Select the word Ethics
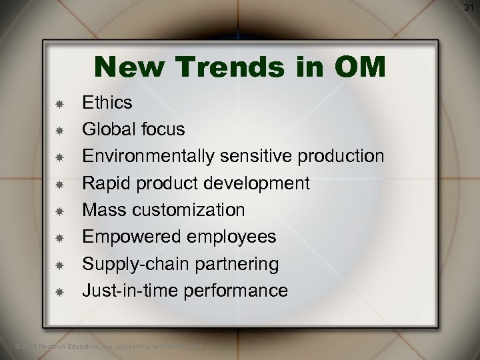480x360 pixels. click(107, 103)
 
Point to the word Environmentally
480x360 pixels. click(147, 156)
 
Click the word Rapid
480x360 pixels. click(103, 183)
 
